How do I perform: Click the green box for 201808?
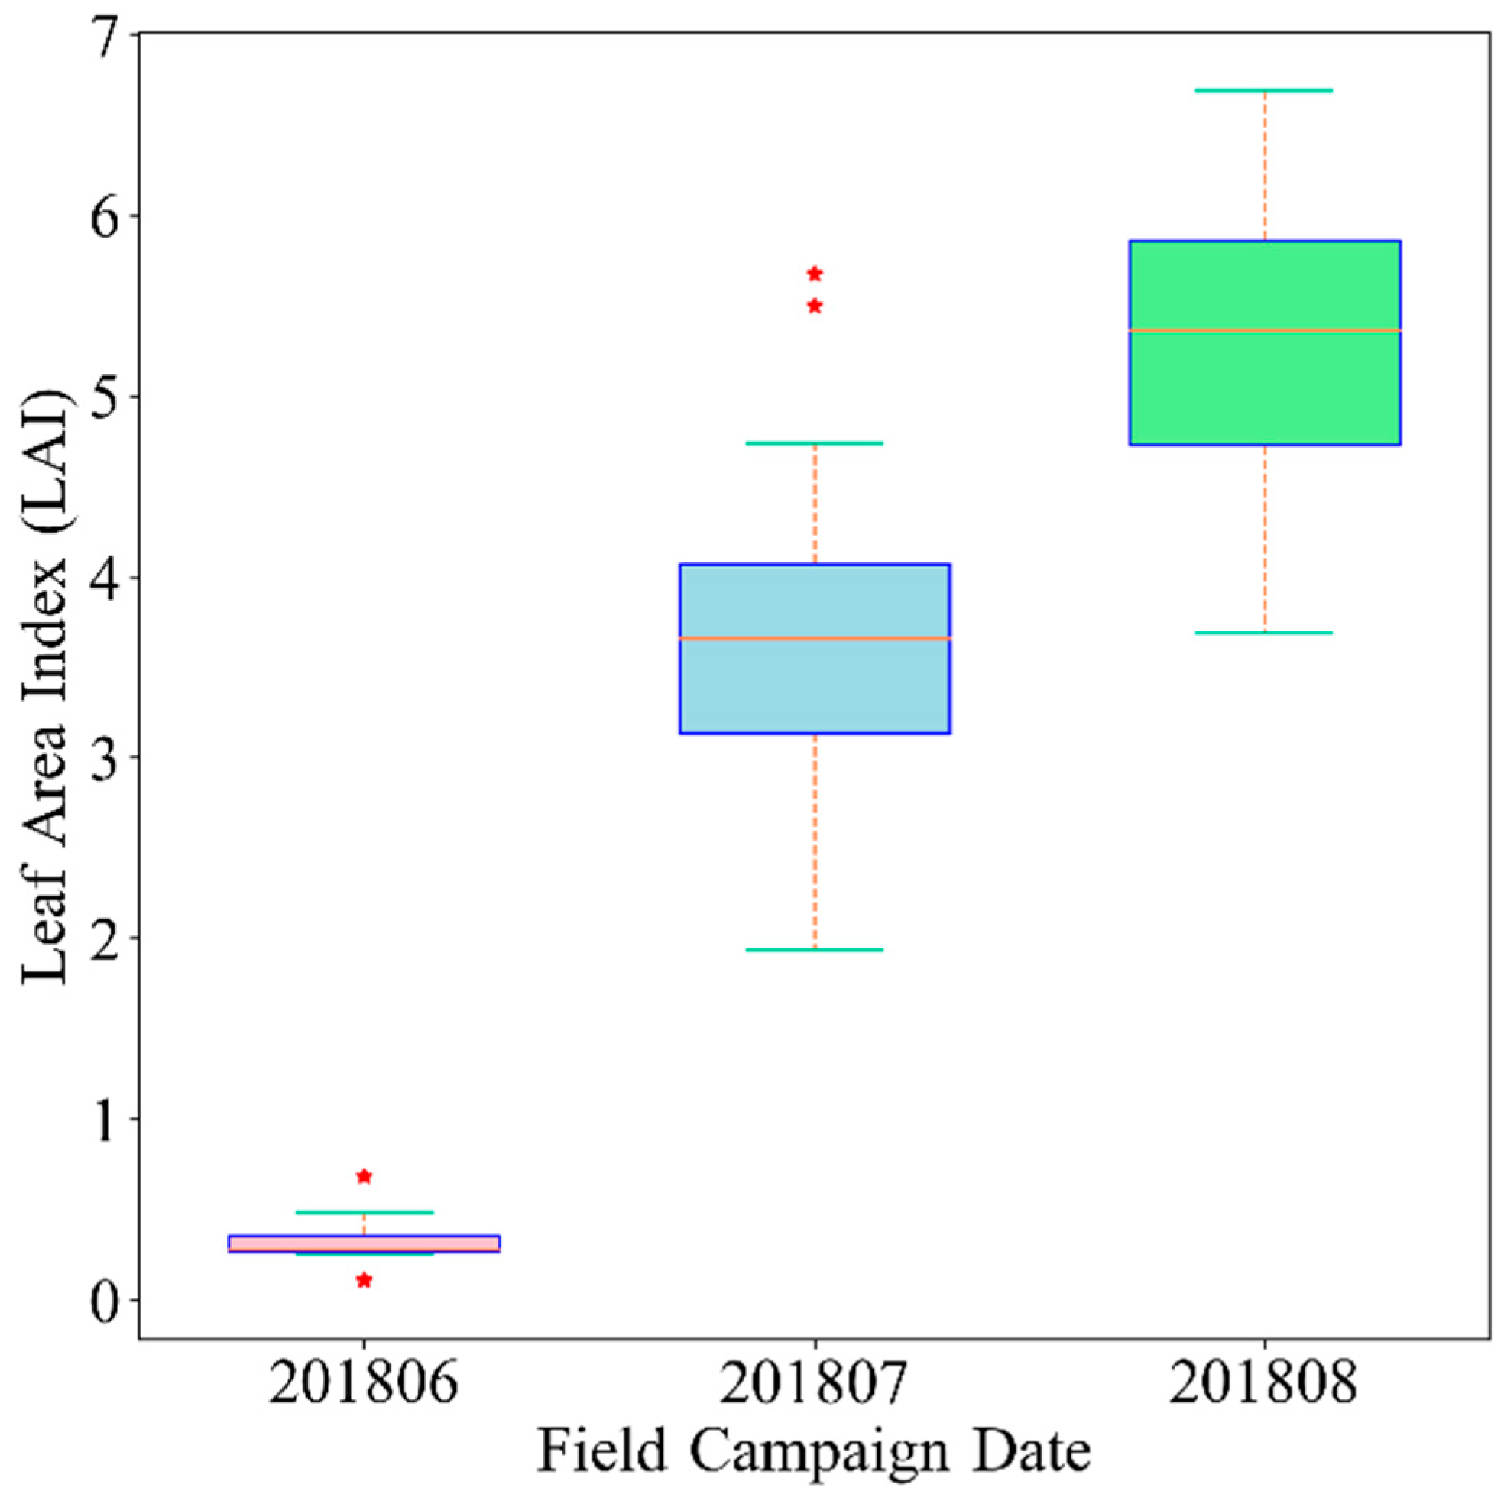click(x=1264, y=389)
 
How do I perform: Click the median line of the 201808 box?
click(x=1264, y=331)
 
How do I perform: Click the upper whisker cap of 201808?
click(x=1264, y=91)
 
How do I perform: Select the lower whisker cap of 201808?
click(x=1264, y=633)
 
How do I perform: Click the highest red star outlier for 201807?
click(x=815, y=274)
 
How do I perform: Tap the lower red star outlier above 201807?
click(x=815, y=306)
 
